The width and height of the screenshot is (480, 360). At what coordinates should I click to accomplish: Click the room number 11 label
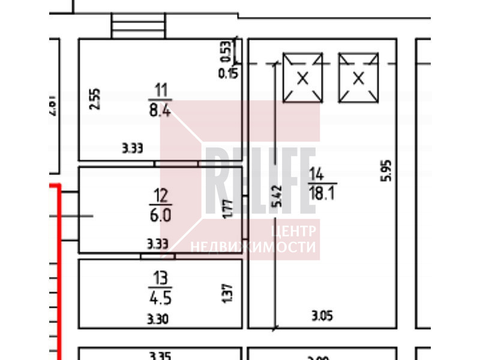(161, 91)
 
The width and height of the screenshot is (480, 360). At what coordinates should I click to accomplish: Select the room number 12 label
(161, 196)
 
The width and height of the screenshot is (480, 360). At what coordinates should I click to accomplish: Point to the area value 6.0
(161, 214)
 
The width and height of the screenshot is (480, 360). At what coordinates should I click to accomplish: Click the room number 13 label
(160, 278)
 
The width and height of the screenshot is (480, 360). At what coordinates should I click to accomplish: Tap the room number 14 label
(316, 175)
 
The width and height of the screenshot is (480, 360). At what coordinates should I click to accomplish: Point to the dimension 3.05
(322, 314)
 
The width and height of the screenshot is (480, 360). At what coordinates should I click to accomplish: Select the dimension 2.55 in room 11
(95, 99)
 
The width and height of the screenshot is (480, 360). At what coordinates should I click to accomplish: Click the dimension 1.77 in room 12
(228, 209)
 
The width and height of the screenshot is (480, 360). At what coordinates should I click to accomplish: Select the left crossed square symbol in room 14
(303, 77)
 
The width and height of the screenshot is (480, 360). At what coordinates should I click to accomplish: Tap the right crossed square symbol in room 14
(359, 77)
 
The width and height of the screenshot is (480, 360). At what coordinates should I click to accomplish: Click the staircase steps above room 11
(138, 25)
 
